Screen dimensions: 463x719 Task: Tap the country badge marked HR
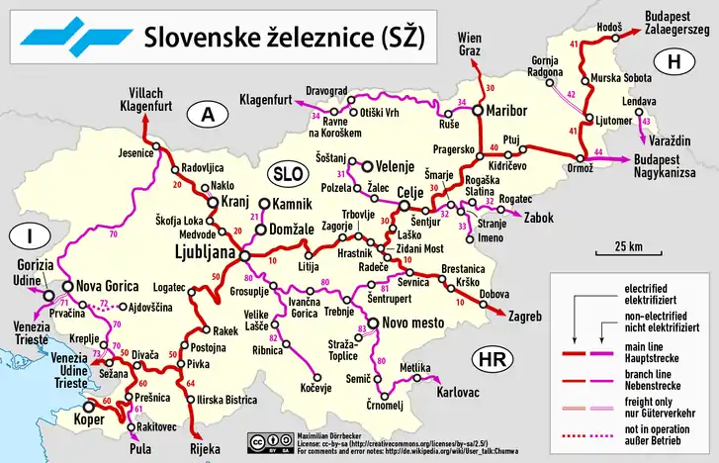click(x=493, y=359)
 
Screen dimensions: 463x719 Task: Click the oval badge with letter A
click(x=207, y=116)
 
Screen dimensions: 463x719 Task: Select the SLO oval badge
click(x=290, y=170)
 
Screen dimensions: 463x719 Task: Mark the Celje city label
click(x=408, y=191)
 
